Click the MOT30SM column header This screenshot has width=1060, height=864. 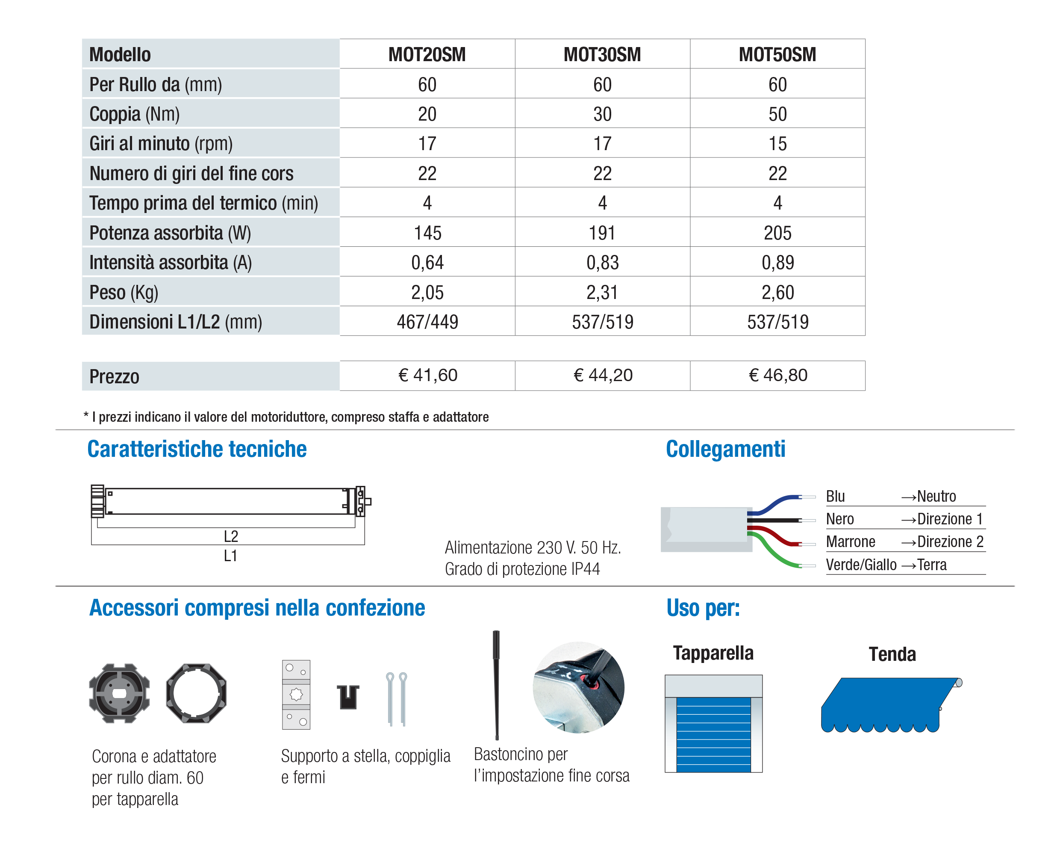point(602,54)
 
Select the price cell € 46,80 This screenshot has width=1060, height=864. point(777,375)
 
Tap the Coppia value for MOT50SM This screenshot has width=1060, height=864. point(777,114)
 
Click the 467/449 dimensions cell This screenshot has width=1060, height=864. point(427,322)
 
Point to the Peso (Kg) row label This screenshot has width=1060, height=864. point(124,293)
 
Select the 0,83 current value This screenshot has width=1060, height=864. point(602,263)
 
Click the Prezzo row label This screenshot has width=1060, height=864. point(115,377)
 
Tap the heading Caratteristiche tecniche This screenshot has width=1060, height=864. point(197,449)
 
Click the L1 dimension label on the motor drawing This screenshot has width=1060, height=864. point(230,556)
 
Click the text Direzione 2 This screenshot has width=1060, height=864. point(950,541)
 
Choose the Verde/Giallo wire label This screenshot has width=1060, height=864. point(861,565)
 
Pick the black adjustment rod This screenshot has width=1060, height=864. point(496,684)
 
